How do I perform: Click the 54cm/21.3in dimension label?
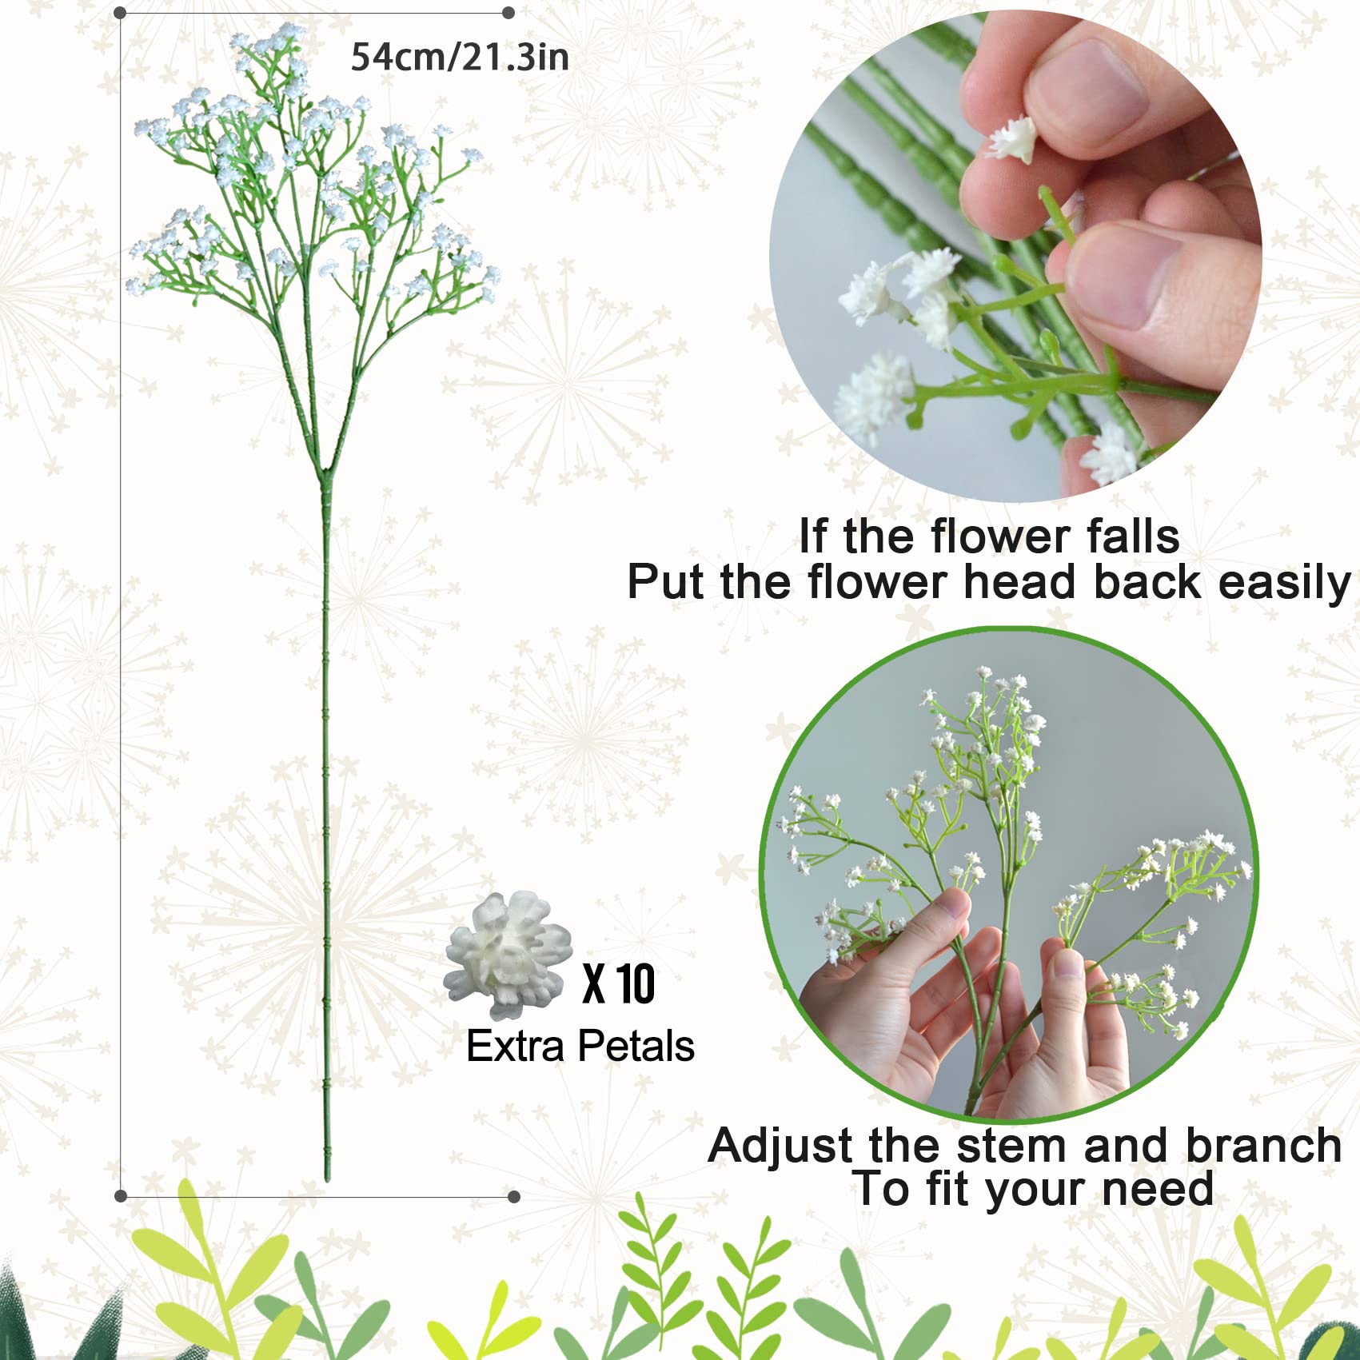click(x=460, y=57)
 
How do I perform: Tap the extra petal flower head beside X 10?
click(x=509, y=955)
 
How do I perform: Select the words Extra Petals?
click(x=580, y=1046)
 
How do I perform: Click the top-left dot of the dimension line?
click(x=120, y=14)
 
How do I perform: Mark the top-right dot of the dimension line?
click(x=508, y=13)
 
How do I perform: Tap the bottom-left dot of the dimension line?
click(x=121, y=1196)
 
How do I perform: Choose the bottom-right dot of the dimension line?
click(x=514, y=1196)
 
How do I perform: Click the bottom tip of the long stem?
click(x=327, y=1179)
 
